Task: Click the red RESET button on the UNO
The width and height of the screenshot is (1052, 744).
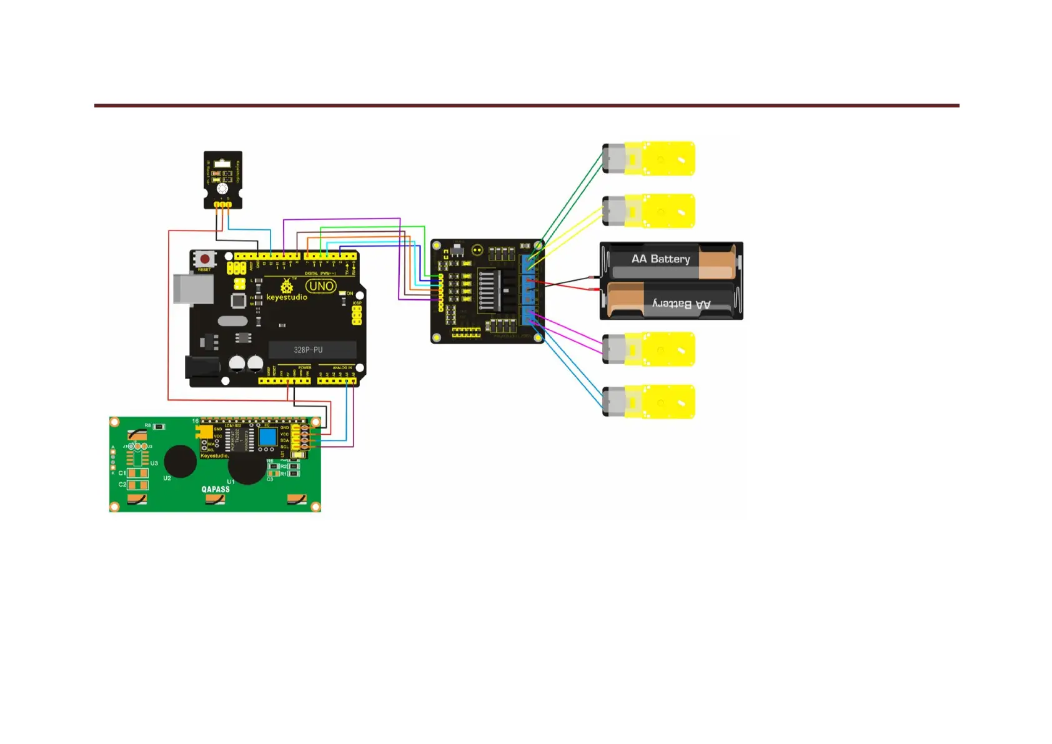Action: (205, 259)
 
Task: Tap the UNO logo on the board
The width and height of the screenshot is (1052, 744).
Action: (321, 286)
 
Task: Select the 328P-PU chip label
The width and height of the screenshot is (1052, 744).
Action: (309, 350)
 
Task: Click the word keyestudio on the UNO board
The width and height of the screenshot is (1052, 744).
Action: (287, 297)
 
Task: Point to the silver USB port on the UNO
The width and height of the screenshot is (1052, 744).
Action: (193, 289)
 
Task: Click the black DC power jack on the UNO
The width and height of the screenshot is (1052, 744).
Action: (201, 367)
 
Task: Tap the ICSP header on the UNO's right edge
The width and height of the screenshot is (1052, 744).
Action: (357, 314)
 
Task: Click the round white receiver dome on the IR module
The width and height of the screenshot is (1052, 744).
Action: (222, 189)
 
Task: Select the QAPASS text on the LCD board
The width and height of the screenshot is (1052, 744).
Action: (216, 489)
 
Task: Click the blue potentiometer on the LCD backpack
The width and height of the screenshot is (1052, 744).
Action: (267, 435)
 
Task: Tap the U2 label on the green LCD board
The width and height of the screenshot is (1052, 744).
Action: (167, 479)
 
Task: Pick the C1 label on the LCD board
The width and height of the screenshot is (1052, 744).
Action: (122, 473)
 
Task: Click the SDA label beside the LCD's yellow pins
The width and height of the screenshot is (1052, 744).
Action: (284, 440)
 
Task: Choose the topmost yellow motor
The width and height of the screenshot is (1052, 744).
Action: (650, 159)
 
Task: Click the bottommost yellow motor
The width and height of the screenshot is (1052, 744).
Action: (650, 402)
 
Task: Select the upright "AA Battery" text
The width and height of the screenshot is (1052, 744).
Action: (660, 259)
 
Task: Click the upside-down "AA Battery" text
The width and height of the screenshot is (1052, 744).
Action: (682, 304)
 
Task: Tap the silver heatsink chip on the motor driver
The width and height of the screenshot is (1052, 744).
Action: (489, 290)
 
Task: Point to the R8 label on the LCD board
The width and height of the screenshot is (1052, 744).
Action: (148, 425)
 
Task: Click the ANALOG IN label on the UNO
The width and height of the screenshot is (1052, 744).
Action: (341, 368)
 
